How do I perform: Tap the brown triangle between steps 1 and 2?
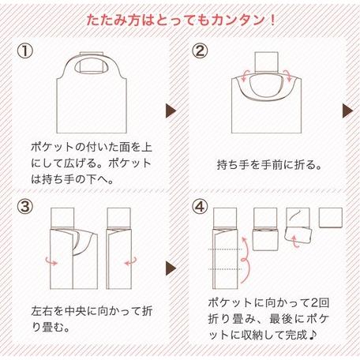[171, 110]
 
